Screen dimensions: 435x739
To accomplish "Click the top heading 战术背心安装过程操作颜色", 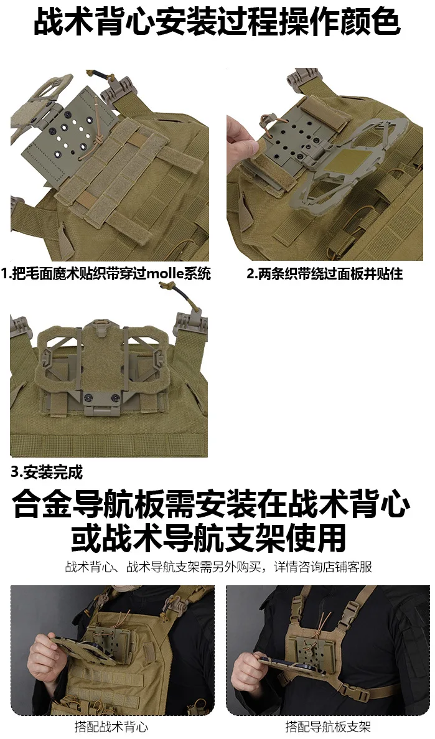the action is (217, 22).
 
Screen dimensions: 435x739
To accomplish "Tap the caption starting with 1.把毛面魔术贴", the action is (106, 273).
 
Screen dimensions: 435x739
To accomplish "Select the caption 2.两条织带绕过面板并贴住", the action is (325, 273).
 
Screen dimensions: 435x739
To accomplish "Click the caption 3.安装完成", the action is (47, 472).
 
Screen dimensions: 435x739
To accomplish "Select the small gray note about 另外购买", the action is (218, 567).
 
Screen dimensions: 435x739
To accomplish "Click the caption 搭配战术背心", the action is (111, 727).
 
